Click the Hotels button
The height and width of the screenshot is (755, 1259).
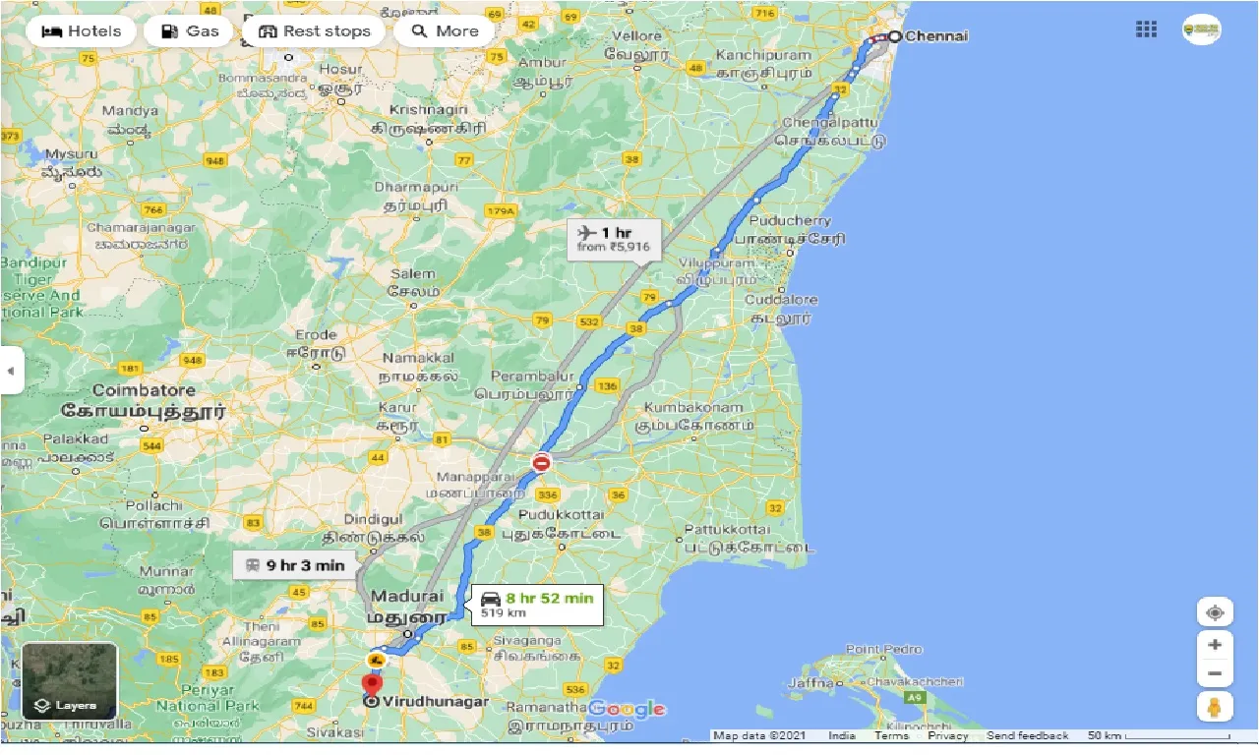(x=82, y=31)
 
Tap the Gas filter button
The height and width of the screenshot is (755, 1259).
(x=189, y=31)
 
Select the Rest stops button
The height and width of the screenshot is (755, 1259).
(x=314, y=31)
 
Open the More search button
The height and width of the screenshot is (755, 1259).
(x=444, y=31)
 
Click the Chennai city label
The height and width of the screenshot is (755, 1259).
(x=935, y=36)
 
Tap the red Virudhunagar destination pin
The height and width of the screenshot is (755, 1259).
(x=372, y=685)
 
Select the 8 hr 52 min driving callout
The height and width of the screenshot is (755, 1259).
(x=537, y=605)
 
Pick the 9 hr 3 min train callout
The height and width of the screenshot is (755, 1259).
(x=294, y=565)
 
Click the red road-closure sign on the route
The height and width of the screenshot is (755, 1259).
(x=541, y=462)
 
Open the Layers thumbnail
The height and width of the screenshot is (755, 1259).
(x=69, y=681)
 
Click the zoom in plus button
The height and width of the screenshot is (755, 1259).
(x=1215, y=645)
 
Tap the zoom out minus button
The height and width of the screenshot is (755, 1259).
(x=1215, y=674)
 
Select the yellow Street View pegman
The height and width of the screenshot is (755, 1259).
(x=1215, y=707)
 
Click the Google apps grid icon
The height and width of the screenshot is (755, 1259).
(x=1146, y=29)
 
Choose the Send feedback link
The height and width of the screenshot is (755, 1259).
(x=1027, y=735)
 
